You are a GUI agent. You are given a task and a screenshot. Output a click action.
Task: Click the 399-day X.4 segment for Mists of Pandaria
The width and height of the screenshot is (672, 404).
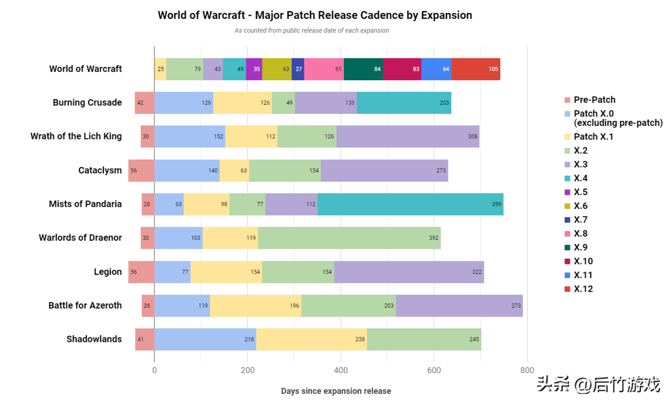410,204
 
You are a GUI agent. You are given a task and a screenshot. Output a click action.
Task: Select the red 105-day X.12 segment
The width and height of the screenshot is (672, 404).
476,69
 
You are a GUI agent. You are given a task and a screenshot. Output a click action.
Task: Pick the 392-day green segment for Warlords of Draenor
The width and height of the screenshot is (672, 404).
349,238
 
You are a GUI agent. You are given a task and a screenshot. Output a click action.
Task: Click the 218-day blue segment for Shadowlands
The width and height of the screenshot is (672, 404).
205,339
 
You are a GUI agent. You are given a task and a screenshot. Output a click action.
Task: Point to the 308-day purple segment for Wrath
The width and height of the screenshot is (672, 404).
407,136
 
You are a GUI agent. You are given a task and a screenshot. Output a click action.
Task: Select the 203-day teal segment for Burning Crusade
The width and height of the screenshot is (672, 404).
404,103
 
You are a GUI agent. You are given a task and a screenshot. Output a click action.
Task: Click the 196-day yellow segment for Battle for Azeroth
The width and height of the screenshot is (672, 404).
255,305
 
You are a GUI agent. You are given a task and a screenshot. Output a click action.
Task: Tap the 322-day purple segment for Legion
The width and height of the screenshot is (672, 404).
408,272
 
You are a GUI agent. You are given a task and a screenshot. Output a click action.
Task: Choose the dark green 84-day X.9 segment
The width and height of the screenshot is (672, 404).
363,69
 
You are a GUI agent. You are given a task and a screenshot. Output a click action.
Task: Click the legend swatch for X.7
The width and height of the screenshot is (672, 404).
567,219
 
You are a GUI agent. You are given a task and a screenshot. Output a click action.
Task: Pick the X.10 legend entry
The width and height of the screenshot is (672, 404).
583,261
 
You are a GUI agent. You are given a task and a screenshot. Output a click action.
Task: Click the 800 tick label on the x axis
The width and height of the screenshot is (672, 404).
527,370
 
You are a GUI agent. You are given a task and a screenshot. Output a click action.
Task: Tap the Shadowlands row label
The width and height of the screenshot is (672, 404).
94,339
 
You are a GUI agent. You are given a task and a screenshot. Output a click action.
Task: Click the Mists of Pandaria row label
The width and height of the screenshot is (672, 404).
85,204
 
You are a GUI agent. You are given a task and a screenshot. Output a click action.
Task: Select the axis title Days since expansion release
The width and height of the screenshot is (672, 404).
335,391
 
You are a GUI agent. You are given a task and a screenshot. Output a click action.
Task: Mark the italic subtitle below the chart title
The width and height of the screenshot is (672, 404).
312,30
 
